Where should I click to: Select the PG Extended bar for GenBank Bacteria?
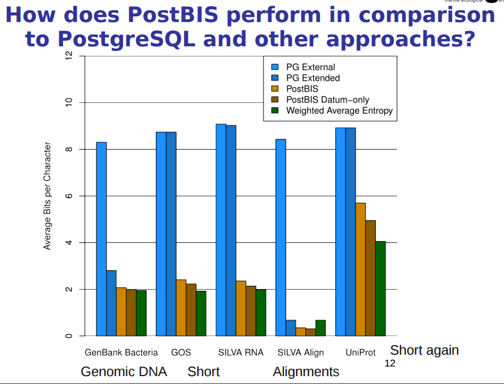coord(111,303)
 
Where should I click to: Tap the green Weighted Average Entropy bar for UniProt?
coord(380,289)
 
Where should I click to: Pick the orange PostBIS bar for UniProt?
coord(361,269)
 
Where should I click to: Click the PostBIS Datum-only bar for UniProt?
coord(370,278)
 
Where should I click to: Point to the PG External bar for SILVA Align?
coord(281,237)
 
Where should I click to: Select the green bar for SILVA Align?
coord(321,328)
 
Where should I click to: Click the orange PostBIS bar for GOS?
coord(181,308)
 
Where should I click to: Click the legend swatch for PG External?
coord(275,67)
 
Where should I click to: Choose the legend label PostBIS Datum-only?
coord(328,100)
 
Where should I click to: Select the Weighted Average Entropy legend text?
coord(339,111)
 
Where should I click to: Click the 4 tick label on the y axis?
coord(68,243)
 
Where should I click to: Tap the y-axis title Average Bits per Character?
coord(48,196)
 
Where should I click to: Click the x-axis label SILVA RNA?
coord(240,352)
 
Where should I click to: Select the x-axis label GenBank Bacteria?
coord(121,352)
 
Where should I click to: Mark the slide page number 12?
coord(389,363)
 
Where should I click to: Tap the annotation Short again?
coord(424,350)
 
